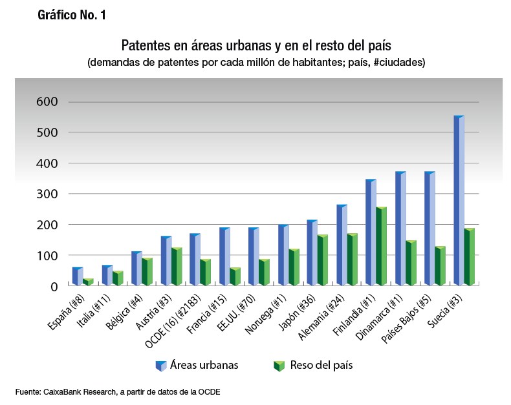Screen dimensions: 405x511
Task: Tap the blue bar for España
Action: (x=77, y=276)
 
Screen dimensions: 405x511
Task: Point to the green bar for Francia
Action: (x=234, y=276)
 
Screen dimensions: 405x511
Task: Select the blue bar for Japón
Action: (x=312, y=253)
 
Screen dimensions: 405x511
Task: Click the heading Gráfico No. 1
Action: (x=71, y=16)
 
